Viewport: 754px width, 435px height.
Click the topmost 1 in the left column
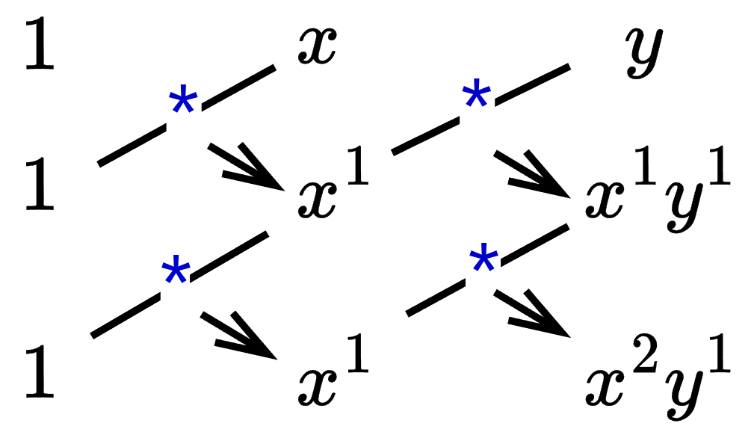point(39,46)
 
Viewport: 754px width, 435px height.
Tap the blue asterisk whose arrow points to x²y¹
point(483,262)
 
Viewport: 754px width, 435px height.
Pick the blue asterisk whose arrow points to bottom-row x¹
point(176,273)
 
